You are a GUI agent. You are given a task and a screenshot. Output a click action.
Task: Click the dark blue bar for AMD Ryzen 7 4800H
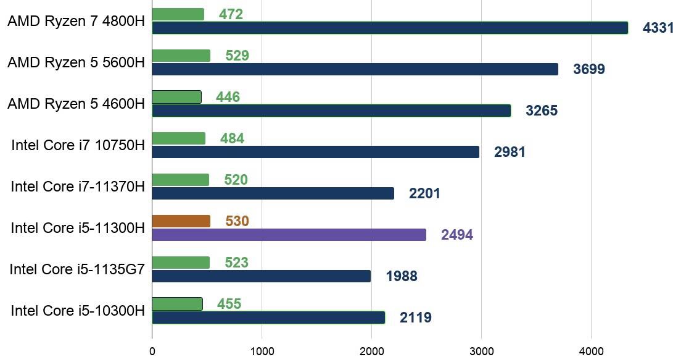click(390, 28)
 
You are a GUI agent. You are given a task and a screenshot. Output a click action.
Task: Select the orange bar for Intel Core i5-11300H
click(181, 221)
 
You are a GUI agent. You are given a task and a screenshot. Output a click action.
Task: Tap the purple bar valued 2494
click(289, 235)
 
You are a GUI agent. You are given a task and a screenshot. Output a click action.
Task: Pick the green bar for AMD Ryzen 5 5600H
click(181, 56)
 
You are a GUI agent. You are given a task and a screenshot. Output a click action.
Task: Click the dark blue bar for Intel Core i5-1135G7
click(261, 276)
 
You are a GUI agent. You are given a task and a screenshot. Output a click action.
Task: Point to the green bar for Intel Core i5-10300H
click(177, 304)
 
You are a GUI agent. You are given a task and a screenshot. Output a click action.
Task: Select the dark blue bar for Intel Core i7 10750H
click(315, 152)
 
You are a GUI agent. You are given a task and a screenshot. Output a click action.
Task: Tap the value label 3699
click(588, 69)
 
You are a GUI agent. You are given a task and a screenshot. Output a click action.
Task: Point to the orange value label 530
click(237, 221)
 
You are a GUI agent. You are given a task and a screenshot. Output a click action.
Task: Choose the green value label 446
click(228, 97)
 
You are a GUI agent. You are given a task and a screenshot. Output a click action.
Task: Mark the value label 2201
click(424, 194)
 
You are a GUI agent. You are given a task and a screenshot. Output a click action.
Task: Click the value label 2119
click(415, 318)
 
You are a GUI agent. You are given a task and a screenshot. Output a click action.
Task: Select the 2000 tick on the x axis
click(371, 351)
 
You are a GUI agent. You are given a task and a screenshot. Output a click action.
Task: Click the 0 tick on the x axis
click(152, 351)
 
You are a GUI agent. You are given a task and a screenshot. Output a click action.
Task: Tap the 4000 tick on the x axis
click(591, 351)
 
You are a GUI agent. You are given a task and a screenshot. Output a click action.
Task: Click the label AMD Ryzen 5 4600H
click(76, 104)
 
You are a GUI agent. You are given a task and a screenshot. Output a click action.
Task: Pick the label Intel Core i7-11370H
click(78, 187)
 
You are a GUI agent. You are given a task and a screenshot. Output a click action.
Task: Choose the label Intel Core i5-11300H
click(78, 228)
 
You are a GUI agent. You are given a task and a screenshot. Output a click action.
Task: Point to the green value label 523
click(236, 263)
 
